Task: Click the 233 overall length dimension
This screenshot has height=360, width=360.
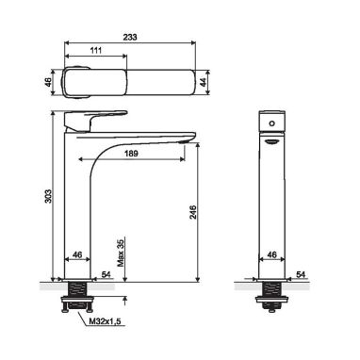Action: pos(130,37)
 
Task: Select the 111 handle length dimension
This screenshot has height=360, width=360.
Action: pos(96,50)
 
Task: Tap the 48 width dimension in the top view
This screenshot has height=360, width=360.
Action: pos(48,82)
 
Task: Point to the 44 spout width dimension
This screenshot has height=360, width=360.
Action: pos(204,82)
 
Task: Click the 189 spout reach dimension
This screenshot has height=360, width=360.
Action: pos(131,154)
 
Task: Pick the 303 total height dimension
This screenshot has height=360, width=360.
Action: pos(48,196)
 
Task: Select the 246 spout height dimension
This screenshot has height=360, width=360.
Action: pos(192,212)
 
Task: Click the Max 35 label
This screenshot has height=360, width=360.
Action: pos(121,253)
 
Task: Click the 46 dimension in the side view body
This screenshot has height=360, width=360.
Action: pos(77,254)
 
